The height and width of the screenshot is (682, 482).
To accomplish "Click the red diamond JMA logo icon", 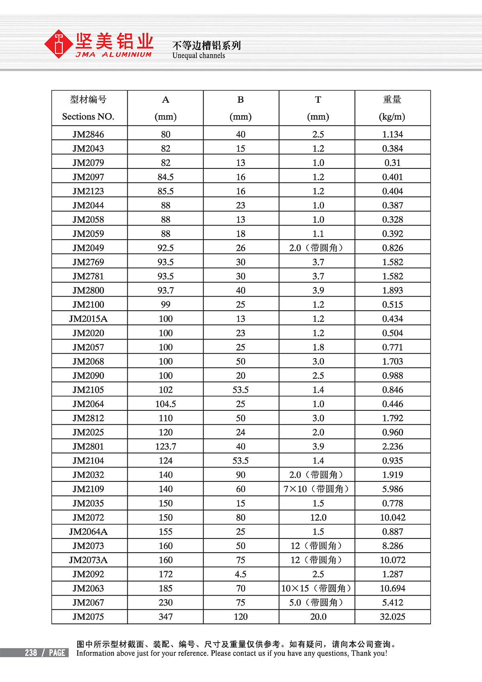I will [59, 44].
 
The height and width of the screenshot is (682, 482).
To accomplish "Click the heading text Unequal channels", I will [198, 55].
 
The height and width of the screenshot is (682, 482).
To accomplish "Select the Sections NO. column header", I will [88, 117].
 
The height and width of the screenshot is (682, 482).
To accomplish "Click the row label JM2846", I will [88, 134].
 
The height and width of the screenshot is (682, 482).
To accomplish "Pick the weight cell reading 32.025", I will [392, 616].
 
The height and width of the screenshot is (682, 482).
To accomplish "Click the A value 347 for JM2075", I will [165, 616].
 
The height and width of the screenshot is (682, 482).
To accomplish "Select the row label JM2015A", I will [88, 319].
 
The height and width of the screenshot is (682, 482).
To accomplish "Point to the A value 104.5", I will [165, 404].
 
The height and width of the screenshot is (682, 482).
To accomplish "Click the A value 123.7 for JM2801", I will [165, 446].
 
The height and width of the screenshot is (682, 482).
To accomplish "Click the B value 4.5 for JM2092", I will [241, 574].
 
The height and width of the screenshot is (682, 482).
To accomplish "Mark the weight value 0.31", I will [392, 163].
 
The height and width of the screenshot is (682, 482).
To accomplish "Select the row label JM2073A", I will [88, 560].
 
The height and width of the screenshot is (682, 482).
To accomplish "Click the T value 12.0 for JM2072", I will [318, 517].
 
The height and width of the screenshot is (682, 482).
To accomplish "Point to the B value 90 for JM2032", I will [241, 475].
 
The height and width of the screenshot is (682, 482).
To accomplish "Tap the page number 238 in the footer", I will [31, 653].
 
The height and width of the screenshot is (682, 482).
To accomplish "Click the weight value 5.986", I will [392, 489].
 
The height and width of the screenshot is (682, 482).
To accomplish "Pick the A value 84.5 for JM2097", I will [165, 177].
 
